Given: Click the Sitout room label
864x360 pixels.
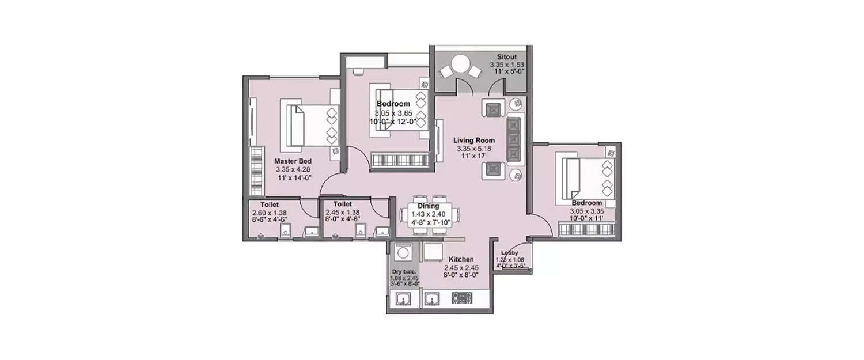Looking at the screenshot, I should pos(506,57).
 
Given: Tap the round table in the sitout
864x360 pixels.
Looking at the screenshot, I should pos(460,63).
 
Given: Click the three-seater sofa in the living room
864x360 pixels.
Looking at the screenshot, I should pos(514,138).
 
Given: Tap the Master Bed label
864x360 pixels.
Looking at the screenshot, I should pos(294,161).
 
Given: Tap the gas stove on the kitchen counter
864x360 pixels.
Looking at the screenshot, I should pos(462,298).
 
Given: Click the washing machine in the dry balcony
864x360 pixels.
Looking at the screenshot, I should pos(402,252).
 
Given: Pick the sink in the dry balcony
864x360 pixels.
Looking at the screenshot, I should pos(403,298).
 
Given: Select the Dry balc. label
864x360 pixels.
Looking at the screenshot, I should pos(404,271).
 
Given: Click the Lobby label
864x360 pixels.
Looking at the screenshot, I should pos(510,253).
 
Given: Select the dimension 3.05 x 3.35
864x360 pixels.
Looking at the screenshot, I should pos(587,211).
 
